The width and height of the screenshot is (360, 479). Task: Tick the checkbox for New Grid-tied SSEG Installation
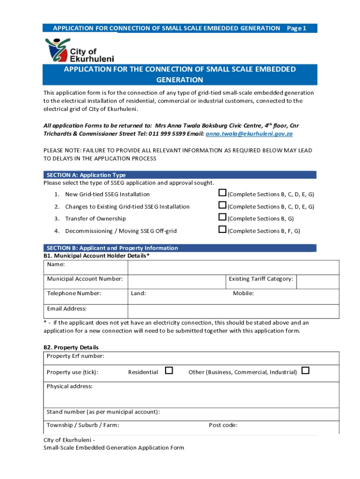point(223,193)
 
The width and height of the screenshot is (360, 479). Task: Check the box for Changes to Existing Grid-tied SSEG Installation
point(223,205)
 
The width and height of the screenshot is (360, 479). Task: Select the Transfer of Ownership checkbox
point(223,218)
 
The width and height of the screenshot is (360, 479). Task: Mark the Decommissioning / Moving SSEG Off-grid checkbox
point(223,230)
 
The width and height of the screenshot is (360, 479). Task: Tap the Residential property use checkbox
point(169,371)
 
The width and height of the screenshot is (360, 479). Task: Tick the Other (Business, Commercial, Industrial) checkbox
point(305,371)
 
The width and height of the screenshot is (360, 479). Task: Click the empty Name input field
point(233,267)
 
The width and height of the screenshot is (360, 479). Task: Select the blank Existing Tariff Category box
point(318,282)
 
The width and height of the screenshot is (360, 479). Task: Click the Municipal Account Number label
point(85,279)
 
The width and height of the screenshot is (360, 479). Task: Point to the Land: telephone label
point(138,294)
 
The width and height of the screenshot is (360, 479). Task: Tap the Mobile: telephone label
point(243,294)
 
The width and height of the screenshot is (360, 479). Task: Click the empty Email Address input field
point(233,311)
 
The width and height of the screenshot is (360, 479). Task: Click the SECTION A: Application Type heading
point(86,175)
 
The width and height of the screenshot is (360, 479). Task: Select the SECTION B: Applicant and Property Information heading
point(112,248)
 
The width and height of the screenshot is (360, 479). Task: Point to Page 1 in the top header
point(296,29)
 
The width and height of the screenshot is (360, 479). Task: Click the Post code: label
point(223,425)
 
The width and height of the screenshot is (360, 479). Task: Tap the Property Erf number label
point(75,356)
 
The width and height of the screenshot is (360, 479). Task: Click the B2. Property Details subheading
point(71,348)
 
